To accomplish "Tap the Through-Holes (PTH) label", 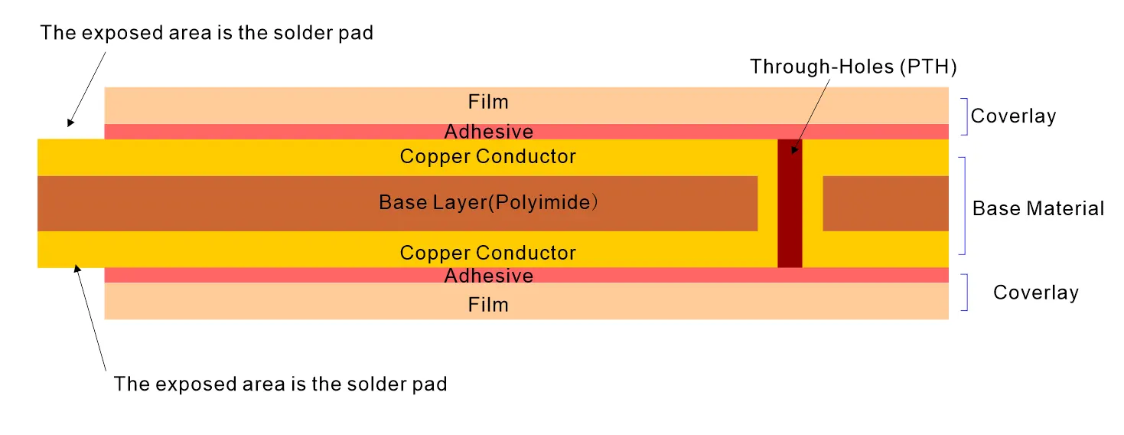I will click(x=853, y=67).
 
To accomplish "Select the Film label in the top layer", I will click(x=488, y=102).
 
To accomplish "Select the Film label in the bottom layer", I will click(x=488, y=305).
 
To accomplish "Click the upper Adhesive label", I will click(x=488, y=132).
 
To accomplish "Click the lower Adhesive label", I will click(x=488, y=275).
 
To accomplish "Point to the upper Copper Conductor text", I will click(x=487, y=157).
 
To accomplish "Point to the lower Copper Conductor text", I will click(x=487, y=253).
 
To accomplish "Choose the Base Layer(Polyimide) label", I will click(x=487, y=203).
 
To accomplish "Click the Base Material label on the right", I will click(x=1038, y=208).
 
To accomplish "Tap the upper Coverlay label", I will click(x=1013, y=116).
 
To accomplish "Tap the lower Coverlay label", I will click(x=1035, y=293).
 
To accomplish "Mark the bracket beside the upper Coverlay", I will click(x=965, y=116).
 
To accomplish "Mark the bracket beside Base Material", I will click(x=963, y=206).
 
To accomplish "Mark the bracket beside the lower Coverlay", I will click(x=965, y=293).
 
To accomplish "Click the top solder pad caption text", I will click(x=207, y=33).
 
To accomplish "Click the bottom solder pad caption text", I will click(x=280, y=384).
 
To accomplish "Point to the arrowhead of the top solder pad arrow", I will click(x=70, y=122).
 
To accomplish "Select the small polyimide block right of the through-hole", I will click(x=885, y=203).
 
